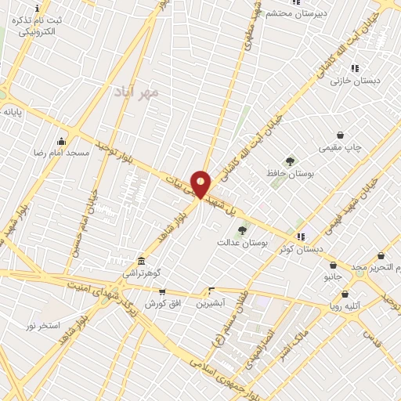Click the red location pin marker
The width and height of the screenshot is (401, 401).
pyautogui.click(x=200, y=183)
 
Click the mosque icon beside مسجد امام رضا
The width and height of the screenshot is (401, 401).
pyautogui.click(x=61, y=141)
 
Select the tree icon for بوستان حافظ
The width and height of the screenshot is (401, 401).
pyautogui.click(x=290, y=161)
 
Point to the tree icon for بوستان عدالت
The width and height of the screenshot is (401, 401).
pyautogui.click(x=242, y=230)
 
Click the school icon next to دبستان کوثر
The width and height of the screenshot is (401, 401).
pyautogui.click(x=301, y=236)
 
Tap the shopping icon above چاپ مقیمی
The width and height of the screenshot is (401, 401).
pyautogui.click(x=340, y=135)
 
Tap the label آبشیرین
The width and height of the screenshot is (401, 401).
pyautogui.click(x=210, y=302)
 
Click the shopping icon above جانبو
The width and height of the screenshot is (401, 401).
pyautogui.click(x=333, y=265)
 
